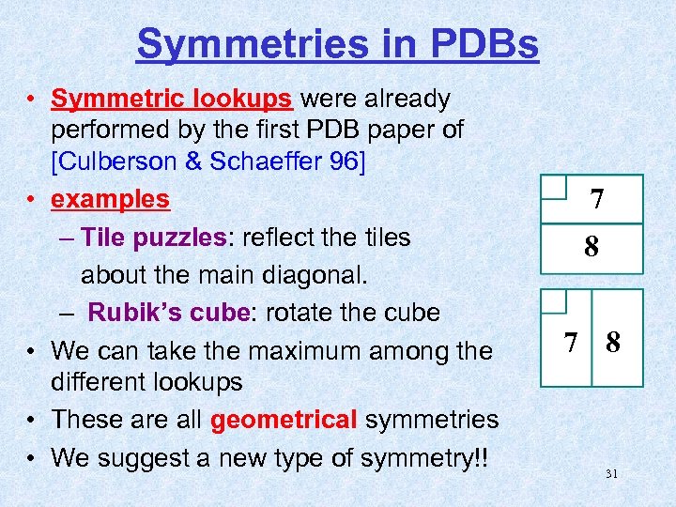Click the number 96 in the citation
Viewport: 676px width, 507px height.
point(340,161)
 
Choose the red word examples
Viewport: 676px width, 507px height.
point(110,200)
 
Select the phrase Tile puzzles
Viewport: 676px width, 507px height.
point(153,237)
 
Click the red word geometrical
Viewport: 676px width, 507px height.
point(284,420)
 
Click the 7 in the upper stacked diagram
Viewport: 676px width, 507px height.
point(595,200)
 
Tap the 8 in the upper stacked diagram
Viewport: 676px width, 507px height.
point(591,247)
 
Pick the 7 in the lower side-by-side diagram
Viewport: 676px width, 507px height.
point(569,342)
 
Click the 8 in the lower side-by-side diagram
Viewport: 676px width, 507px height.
point(613,342)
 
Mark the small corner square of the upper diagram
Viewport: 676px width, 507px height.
point(554,187)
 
